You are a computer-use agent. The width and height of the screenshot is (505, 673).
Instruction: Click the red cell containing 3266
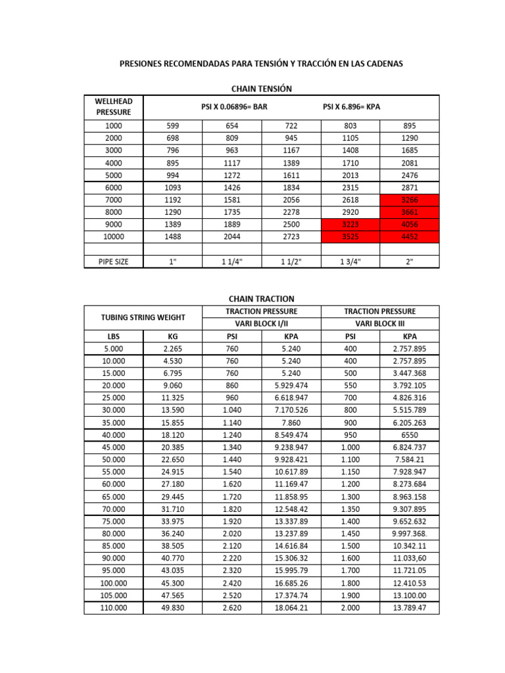[x=410, y=200]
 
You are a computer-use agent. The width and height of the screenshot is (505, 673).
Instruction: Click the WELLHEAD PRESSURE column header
[x=114, y=106]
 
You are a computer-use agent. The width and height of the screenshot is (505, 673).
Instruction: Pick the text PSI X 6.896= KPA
[x=351, y=106]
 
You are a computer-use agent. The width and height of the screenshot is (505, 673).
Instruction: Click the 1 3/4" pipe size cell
[x=350, y=262]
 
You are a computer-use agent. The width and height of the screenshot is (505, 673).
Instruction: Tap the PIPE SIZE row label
[x=114, y=262]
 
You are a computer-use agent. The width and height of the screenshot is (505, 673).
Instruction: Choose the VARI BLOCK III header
[x=379, y=323]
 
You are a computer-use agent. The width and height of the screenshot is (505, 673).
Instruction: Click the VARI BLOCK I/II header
[x=261, y=323]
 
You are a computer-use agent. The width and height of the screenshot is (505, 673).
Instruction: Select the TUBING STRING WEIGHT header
[x=143, y=317]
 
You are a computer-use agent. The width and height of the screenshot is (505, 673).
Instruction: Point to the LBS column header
[x=114, y=336]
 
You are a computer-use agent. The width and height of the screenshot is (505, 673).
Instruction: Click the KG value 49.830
[x=173, y=608]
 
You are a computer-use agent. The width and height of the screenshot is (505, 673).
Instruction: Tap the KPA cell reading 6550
[x=410, y=435]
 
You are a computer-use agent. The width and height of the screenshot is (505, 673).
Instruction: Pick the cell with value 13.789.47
[x=410, y=608]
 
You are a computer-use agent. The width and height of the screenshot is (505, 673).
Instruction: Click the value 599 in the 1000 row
[x=173, y=126]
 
